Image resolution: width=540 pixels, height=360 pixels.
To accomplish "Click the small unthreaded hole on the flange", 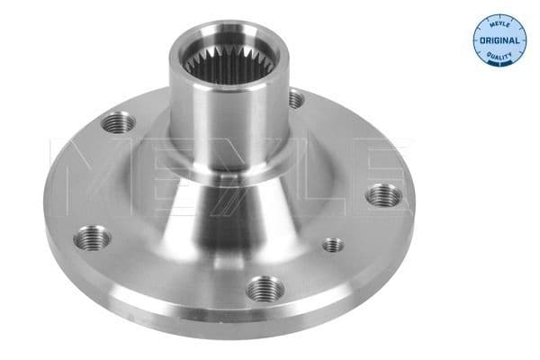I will pyautogui.click(x=332, y=245).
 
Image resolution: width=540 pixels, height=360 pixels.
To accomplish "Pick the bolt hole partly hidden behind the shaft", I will pyautogui.click(x=294, y=96).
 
